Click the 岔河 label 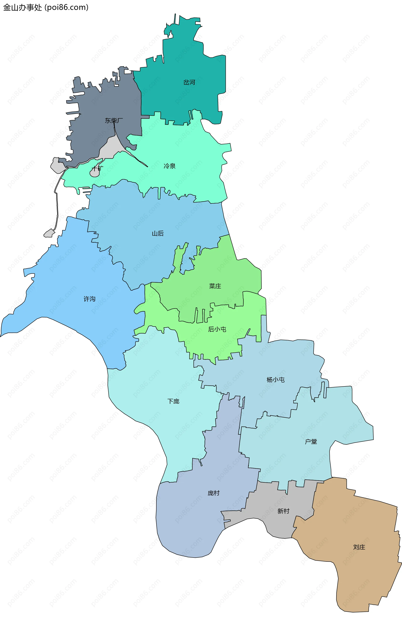tap(189, 83)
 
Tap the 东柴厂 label tap(114, 121)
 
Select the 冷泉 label tap(169, 166)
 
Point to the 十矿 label tap(97, 168)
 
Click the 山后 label tap(158, 233)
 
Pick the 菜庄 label tap(215, 286)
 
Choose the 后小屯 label tap(217, 329)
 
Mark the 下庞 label tap(173, 401)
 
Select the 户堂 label tap(311, 441)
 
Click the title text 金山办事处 tap(22, 7)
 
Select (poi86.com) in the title tap(67, 7)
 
